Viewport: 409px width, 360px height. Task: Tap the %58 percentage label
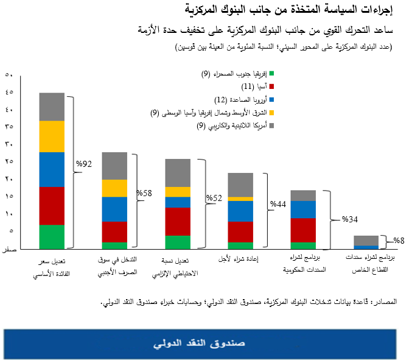(144, 193)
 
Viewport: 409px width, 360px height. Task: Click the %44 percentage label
(278, 205)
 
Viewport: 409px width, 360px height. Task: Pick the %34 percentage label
(349, 219)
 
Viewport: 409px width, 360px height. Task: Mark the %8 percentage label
(398, 241)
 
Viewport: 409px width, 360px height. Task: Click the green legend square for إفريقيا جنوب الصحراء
(271, 74)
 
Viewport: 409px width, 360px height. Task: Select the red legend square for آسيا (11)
(271, 86)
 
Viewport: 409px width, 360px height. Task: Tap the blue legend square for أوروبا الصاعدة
(271, 99)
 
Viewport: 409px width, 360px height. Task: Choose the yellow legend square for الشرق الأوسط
(271, 112)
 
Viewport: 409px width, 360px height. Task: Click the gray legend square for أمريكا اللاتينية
(271, 125)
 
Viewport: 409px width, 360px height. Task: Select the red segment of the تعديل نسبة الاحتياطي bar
(178, 222)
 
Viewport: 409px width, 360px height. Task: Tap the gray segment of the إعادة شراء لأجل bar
(240, 185)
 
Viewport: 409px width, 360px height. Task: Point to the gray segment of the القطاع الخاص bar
(366, 240)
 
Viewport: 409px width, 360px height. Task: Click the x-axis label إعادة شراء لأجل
(239, 261)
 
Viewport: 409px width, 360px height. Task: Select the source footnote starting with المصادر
(244, 302)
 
